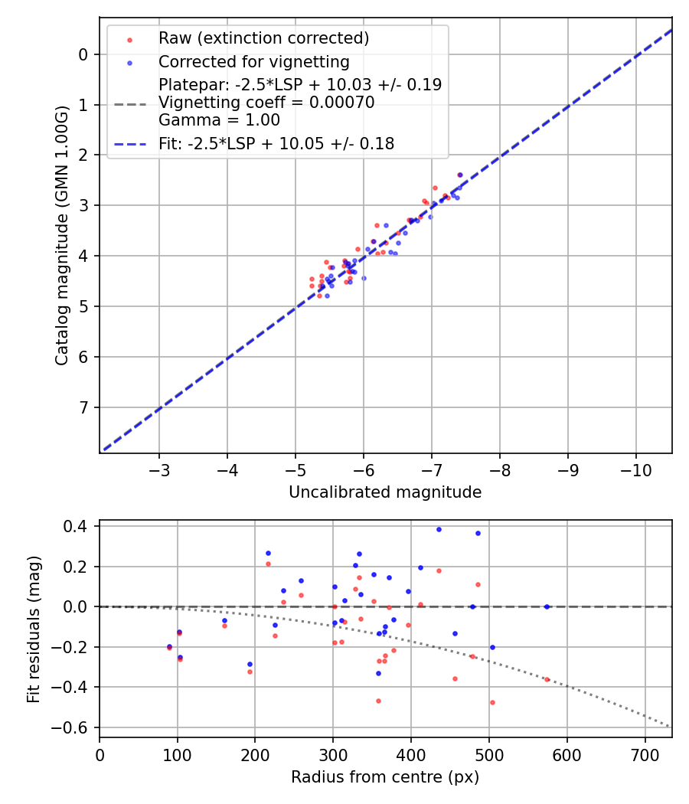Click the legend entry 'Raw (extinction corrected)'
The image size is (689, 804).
(x=263, y=38)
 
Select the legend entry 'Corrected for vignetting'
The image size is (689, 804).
(x=253, y=62)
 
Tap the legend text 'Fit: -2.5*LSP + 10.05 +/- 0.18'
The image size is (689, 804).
(x=276, y=144)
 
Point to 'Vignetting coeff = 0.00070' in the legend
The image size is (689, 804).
(x=266, y=103)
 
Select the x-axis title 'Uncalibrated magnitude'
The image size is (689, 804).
(x=385, y=492)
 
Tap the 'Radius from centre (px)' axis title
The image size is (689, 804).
(x=385, y=777)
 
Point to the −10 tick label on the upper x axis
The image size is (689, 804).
(x=635, y=468)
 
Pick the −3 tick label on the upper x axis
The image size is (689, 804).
(x=159, y=468)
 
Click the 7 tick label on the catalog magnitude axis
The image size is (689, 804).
(x=85, y=407)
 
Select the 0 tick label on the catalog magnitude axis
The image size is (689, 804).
(x=85, y=54)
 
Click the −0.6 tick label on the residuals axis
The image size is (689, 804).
(x=73, y=727)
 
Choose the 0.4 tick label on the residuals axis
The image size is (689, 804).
(x=77, y=527)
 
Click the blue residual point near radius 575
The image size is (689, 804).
(x=547, y=606)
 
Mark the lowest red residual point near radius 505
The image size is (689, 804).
(x=492, y=702)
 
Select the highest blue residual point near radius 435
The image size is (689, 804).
(x=439, y=529)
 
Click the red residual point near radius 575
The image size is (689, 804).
(x=547, y=679)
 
